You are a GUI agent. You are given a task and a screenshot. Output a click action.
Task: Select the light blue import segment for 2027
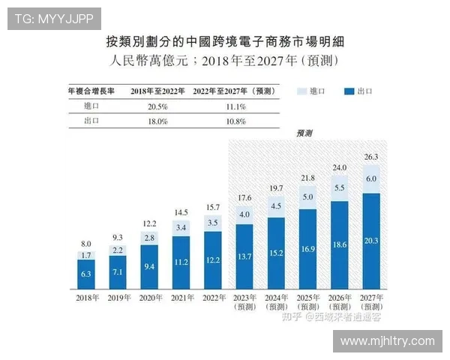point(370,180)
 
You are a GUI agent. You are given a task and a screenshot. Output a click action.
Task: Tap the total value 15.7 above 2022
point(213,207)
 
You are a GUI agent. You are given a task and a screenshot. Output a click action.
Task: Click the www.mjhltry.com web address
point(387,340)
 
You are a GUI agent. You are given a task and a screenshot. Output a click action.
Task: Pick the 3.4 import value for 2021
point(180,226)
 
